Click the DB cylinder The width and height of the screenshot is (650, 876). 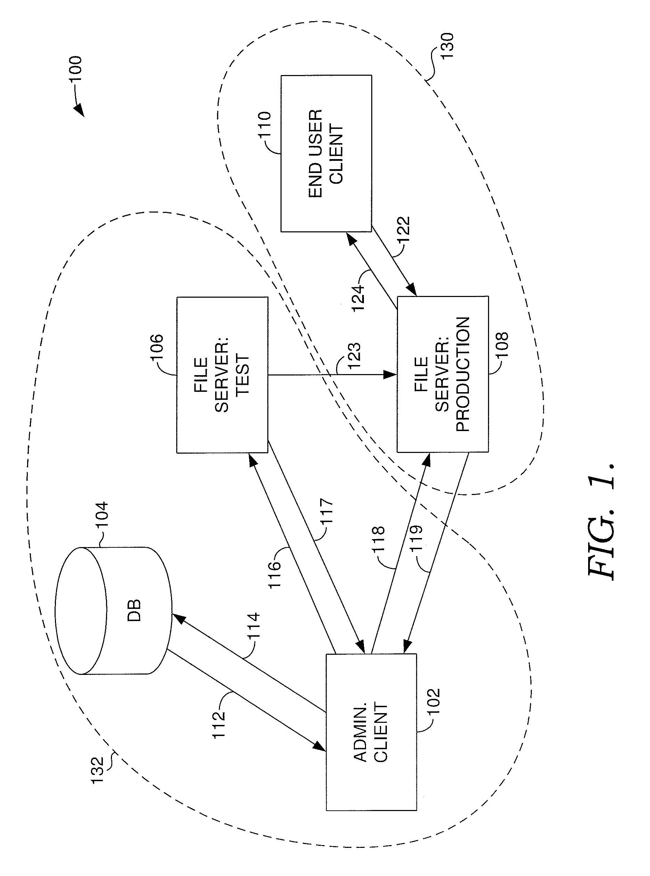tap(113, 611)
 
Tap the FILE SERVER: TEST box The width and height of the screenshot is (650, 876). tap(222, 375)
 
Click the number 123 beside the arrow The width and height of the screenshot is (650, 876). tap(354, 355)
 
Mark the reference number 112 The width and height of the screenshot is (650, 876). tap(219, 724)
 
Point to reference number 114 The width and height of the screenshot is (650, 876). tap(253, 626)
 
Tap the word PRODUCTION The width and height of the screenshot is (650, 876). tap(463, 374)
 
